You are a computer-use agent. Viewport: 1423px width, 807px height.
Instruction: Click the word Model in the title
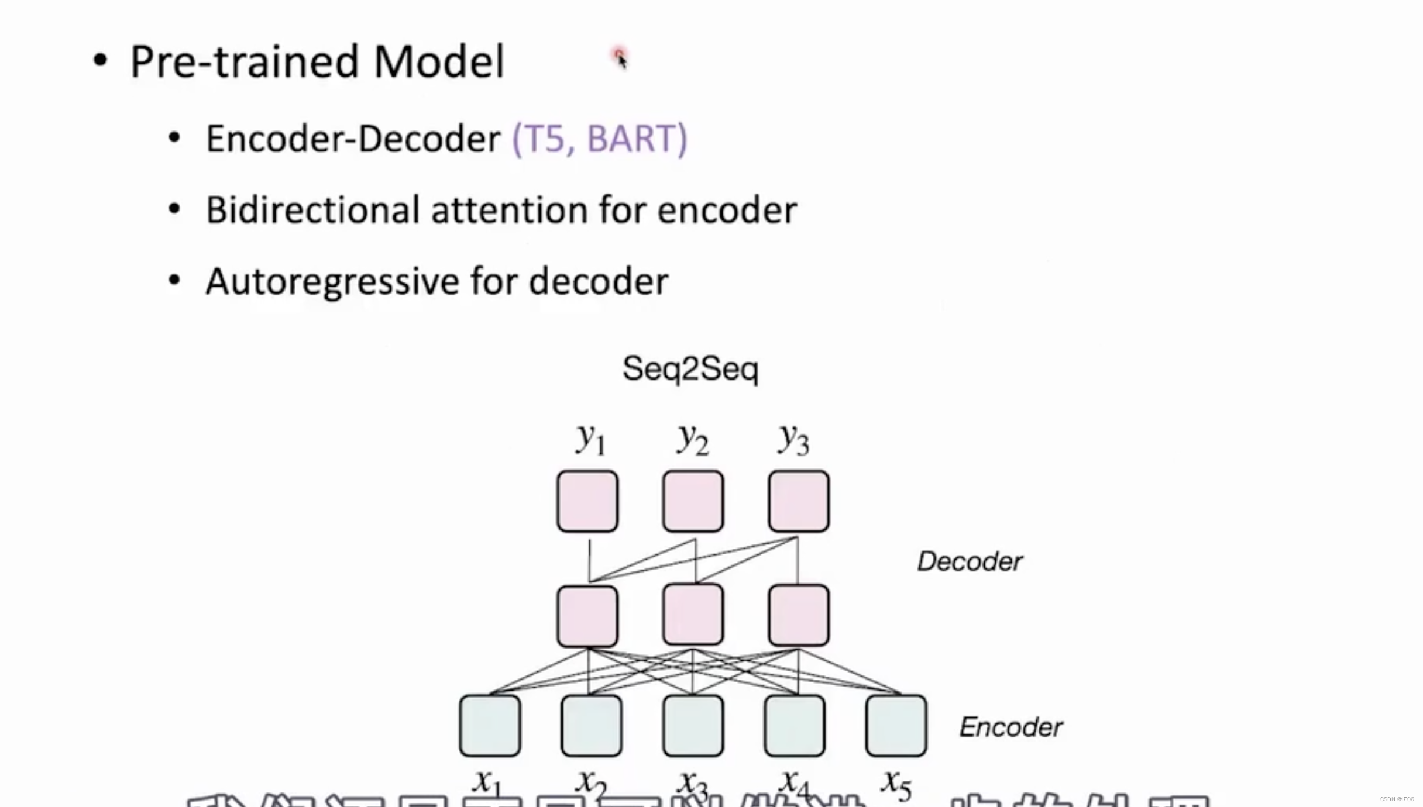pyautogui.click(x=439, y=61)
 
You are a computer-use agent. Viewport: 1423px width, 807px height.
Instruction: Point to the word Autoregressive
pyautogui.click(x=332, y=282)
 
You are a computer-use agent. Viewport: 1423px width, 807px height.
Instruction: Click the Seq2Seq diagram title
pyautogui.click(x=690, y=369)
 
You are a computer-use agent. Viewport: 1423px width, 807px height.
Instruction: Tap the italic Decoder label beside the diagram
pyautogui.click(x=970, y=561)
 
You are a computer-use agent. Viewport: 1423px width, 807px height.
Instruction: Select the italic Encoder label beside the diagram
pyautogui.click(x=1010, y=727)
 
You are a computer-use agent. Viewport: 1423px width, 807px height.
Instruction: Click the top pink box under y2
pyautogui.click(x=693, y=501)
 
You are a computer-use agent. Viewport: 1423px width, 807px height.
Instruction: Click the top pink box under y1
pyautogui.click(x=587, y=501)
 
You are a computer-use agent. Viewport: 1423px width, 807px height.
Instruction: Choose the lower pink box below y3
pyautogui.click(x=799, y=615)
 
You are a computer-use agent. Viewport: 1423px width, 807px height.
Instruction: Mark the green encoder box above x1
pyautogui.click(x=490, y=725)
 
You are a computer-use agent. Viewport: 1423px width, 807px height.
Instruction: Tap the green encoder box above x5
pyautogui.click(x=896, y=725)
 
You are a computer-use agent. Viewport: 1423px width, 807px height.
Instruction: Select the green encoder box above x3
pyautogui.click(x=693, y=725)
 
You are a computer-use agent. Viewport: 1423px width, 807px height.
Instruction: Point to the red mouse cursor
pyautogui.click(x=620, y=58)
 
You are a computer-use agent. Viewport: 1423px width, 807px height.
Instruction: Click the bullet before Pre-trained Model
pyautogui.click(x=100, y=61)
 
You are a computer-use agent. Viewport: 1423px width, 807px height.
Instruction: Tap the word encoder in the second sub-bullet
pyautogui.click(x=727, y=210)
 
